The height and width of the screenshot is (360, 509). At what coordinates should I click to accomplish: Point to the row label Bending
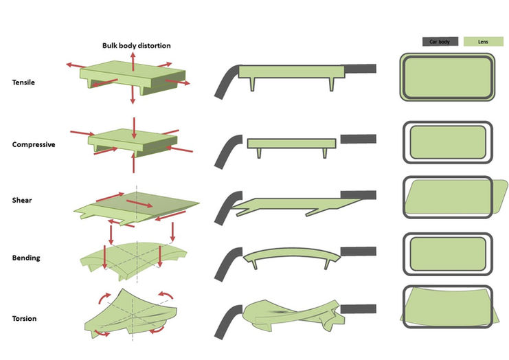pyautogui.click(x=26, y=258)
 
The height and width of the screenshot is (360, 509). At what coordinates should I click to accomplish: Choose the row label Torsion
pyautogui.click(x=25, y=319)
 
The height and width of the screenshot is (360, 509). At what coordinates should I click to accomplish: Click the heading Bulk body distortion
pyautogui.click(x=133, y=46)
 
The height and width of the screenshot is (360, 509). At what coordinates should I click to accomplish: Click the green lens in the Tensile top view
pyautogui.click(x=446, y=78)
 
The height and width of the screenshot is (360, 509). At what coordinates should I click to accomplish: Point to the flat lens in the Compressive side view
pyautogui.click(x=291, y=144)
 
